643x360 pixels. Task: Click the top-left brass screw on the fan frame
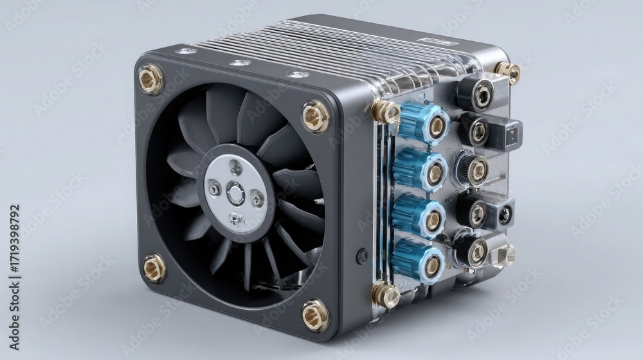pos(150,79)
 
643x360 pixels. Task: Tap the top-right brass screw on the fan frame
pos(316,116)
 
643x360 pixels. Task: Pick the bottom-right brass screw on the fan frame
pos(315,316)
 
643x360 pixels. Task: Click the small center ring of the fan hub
pos(236,194)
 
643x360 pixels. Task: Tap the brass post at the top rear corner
pos(508,72)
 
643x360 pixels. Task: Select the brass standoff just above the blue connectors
pos(386,112)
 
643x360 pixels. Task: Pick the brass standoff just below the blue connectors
pos(386,294)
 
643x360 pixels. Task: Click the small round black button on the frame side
pos(362,256)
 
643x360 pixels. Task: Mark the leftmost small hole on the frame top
pos(186,51)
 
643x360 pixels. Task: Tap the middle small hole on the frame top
pos(240,63)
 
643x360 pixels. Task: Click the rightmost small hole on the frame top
pos(297,75)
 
